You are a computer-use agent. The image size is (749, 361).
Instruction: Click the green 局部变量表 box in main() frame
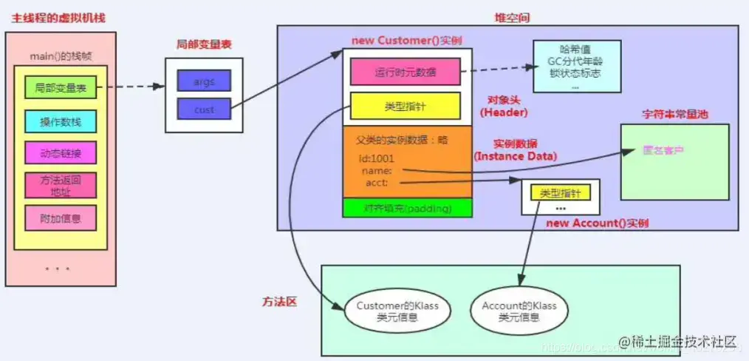click(x=61, y=87)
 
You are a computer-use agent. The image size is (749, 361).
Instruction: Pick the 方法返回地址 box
click(x=61, y=185)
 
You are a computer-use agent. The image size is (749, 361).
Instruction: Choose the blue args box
click(x=204, y=81)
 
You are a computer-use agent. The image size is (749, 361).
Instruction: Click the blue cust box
click(x=204, y=109)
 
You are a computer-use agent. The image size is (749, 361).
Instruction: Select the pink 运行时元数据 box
click(x=405, y=72)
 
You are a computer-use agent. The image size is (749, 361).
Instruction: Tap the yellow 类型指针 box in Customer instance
click(x=405, y=107)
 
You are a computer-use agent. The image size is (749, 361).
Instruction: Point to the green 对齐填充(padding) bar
click(x=407, y=208)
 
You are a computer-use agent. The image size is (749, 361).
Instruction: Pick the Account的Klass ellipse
click(x=519, y=311)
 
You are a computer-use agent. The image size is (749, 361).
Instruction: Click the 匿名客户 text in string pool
click(x=663, y=150)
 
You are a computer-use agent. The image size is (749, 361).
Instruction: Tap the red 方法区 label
click(x=279, y=302)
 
